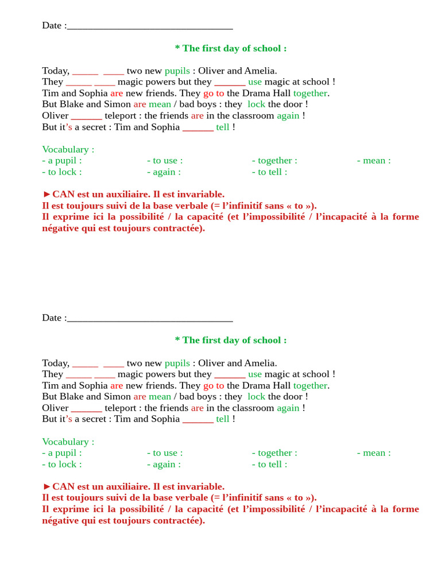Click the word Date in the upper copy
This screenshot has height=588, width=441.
click(52, 25)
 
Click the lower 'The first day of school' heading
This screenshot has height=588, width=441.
click(230, 340)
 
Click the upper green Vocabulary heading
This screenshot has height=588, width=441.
click(68, 149)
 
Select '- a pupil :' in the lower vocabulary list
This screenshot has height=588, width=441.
click(62, 452)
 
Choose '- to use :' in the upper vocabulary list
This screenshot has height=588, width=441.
click(165, 160)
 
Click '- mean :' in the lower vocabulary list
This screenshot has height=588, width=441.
click(374, 452)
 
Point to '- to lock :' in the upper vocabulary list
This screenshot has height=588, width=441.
click(62, 172)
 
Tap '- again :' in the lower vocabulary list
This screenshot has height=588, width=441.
click(164, 464)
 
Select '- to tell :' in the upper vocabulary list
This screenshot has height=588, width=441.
click(269, 172)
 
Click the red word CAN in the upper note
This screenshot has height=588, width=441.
click(64, 194)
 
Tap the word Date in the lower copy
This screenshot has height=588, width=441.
click(52, 318)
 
